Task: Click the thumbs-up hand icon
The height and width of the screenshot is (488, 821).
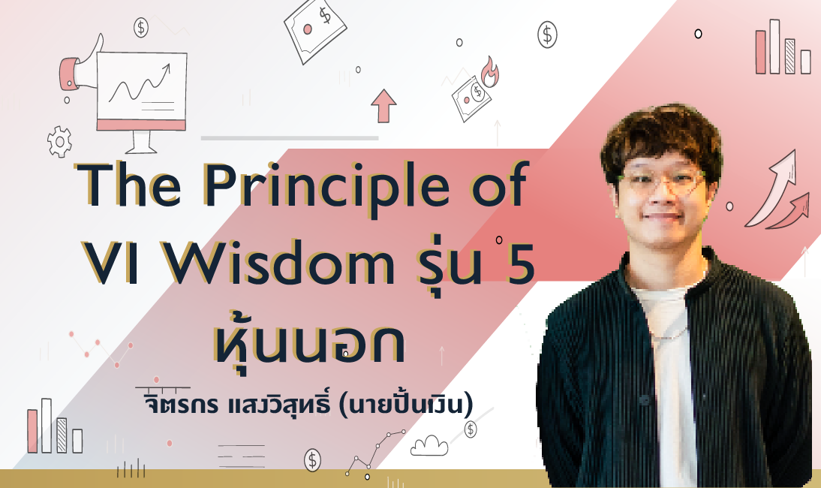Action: pos(80,65)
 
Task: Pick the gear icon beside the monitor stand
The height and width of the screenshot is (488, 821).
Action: pos(59,141)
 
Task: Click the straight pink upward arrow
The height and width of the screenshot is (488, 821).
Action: pos(383,105)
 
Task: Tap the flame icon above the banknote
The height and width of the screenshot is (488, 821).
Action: pos(489,72)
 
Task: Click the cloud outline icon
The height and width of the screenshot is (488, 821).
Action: pos(429,446)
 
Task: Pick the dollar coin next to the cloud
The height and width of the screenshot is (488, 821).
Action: pos(471,430)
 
